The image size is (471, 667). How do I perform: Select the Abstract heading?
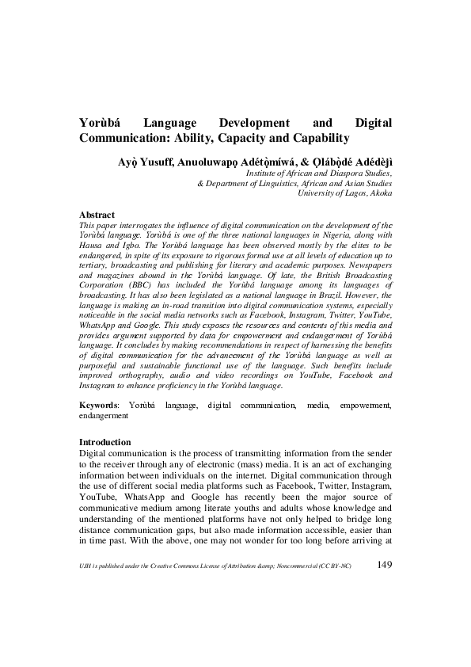click(x=97, y=215)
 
